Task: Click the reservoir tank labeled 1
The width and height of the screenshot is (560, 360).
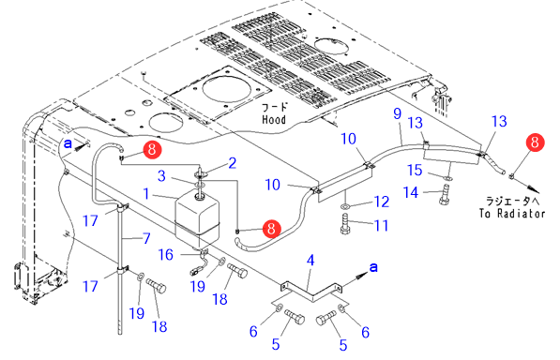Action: click(x=197, y=219)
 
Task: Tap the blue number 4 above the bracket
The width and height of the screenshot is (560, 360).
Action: click(x=310, y=261)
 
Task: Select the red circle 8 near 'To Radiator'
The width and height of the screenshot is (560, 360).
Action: click(x=535, y=142)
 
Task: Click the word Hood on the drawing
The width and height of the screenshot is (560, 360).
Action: click(x=274, y=119)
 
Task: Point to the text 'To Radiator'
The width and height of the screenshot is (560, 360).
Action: click(x=512, y=214)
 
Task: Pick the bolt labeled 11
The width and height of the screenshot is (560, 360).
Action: click(x=345, y=224)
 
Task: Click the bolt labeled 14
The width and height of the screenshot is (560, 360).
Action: click(x=444, y=194)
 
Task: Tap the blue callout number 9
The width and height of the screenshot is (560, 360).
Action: click(x=398, y=113)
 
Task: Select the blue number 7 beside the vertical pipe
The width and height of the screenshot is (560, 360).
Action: click(x=146, y=238)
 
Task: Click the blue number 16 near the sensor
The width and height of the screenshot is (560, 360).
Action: click(x=166, y=255)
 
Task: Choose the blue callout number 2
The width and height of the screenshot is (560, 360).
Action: click(x=232, y=163)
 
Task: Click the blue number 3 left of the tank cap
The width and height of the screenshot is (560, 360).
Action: click(x=161, y=176)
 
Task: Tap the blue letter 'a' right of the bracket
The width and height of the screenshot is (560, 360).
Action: click(x=373, y=266)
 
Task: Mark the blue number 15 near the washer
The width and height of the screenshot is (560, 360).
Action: click(x=415, y=170)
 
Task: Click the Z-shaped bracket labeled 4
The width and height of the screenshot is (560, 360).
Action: click(x=310, y=290)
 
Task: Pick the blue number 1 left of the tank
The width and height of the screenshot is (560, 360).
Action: click(x=146, y=194)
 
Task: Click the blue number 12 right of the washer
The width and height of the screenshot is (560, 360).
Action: click(x=381, y=202)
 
